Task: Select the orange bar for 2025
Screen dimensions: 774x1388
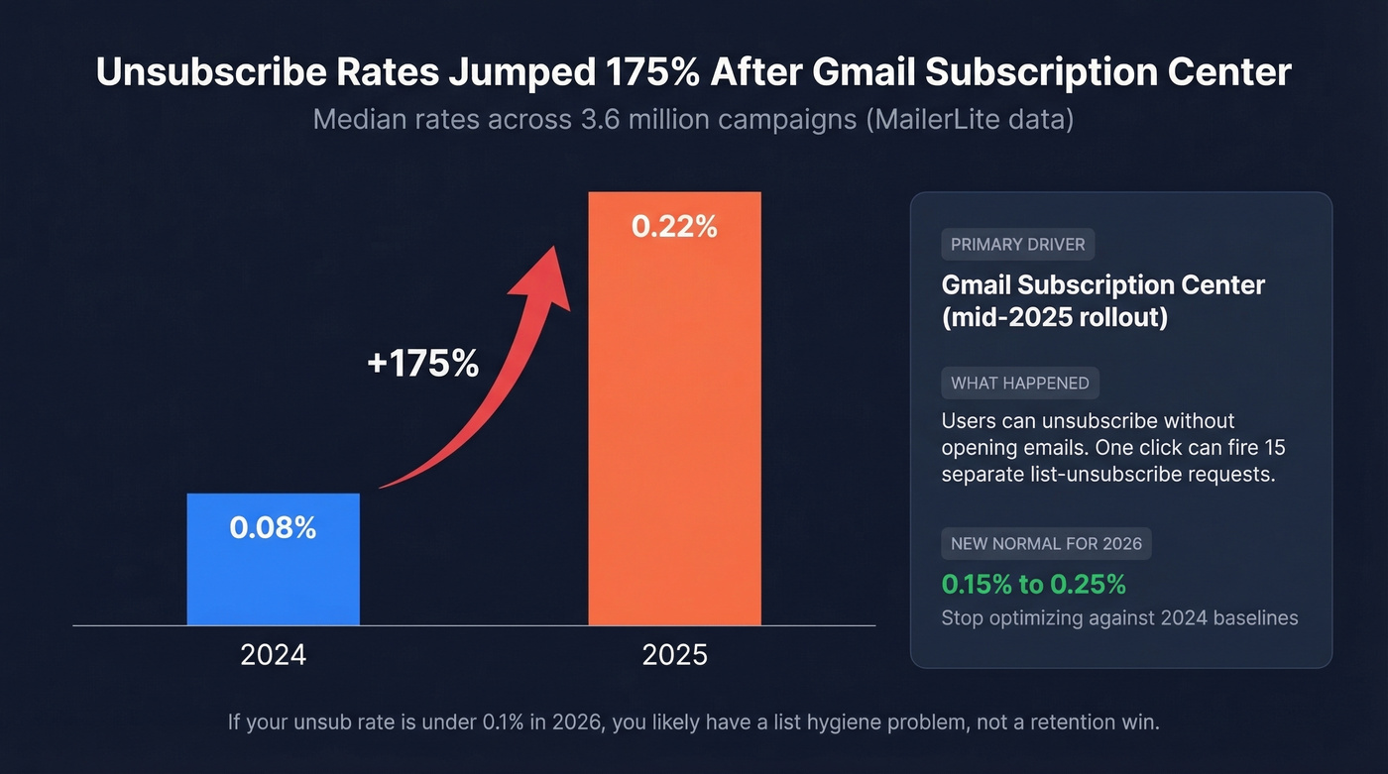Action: [x=674, y=416]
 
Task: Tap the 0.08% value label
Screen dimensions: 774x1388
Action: [x=273, y=527]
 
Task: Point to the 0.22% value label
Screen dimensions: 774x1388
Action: [x=674, y=227]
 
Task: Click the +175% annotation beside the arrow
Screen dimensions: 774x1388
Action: [x=422, y=364]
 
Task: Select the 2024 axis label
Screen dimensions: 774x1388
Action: [x=273, y=655]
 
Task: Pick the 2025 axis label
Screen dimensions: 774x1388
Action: [x=674, y=655]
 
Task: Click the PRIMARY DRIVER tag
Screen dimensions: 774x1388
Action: [x=1017, y=245]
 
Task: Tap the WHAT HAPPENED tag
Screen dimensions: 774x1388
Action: [x=1019, y=383]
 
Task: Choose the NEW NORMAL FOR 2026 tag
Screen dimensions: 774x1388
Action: [x=1046, y=543]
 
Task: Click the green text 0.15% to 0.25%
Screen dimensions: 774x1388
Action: [x=1033, y=584]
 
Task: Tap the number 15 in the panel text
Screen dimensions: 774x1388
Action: [x=1274, y=447]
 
